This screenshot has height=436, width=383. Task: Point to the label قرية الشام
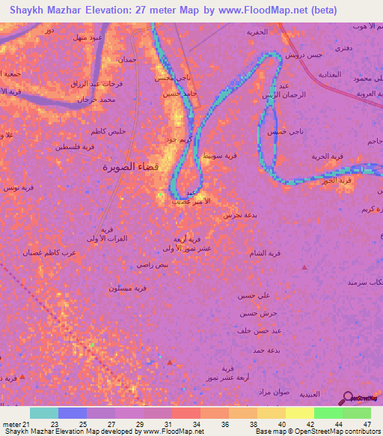pyautogui.click(x=268, y=252)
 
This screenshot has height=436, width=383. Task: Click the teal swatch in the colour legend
pyautogui.click(x=44, y=413)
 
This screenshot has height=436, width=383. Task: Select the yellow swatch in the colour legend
pyautogui.click(x=300, y=413)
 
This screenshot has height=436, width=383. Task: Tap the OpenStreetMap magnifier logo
pyautogui.click(x=349, y=399)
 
